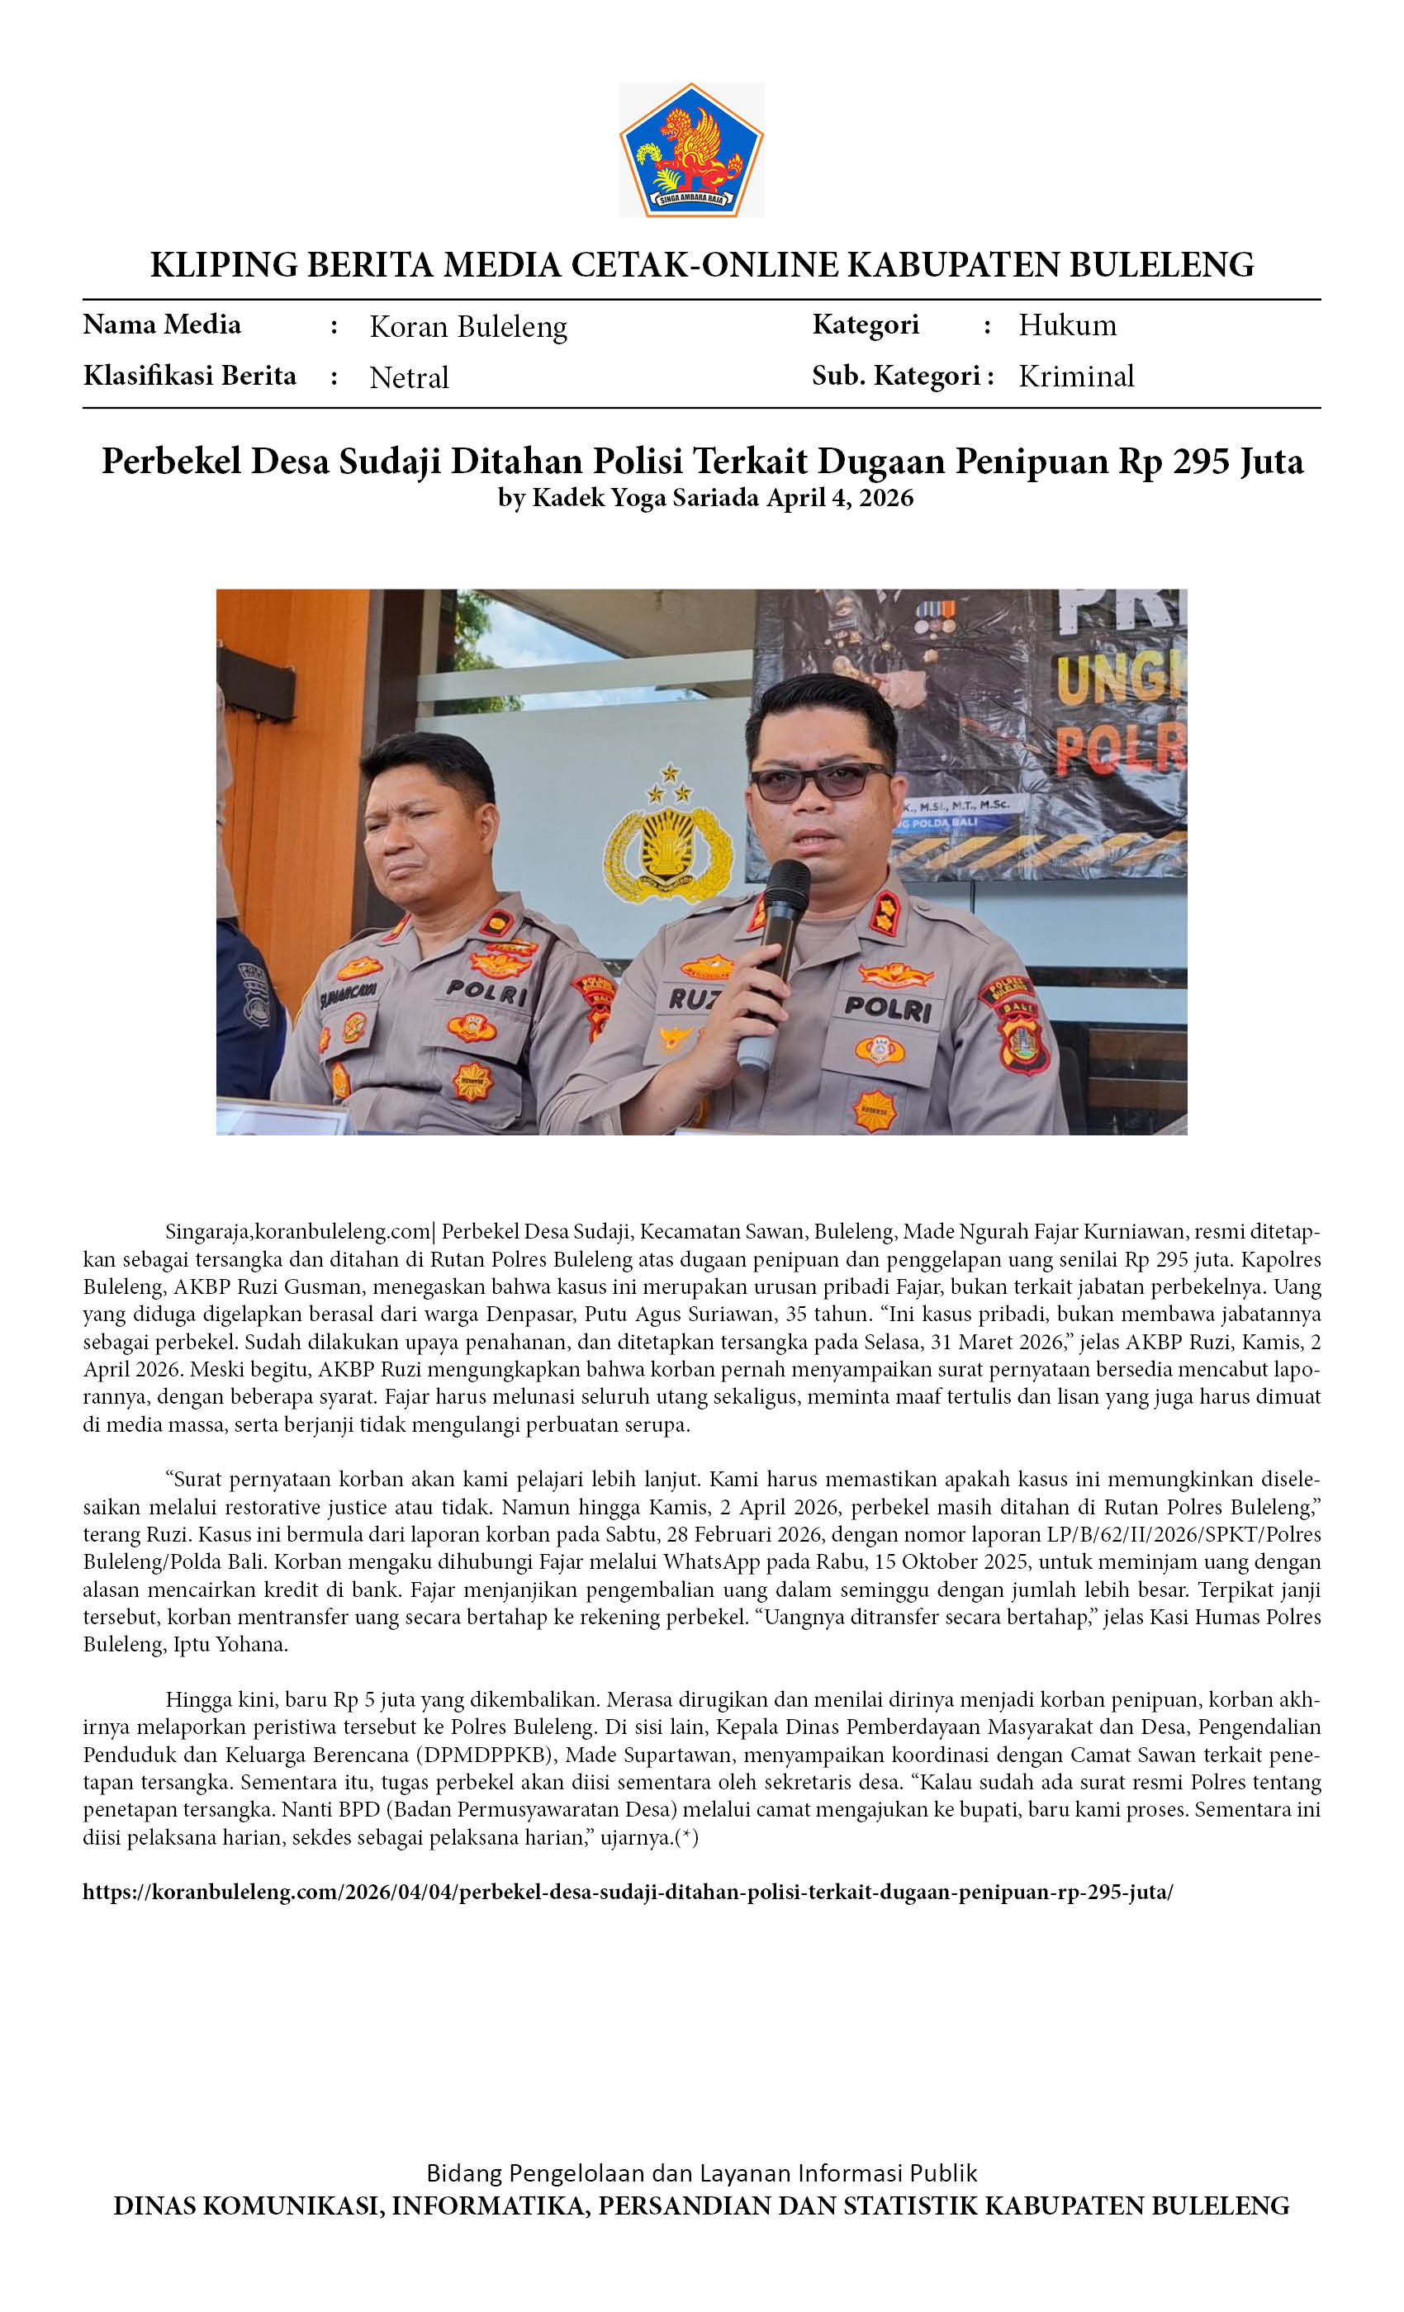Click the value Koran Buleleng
[x=468, y=326]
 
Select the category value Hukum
[x=1067, y=325]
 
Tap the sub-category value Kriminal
[x=1075, y=377]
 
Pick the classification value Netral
[x=409, y=377]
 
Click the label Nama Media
[x=161, y=325]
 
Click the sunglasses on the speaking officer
[x=818, y=780]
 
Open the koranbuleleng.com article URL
[x=628, y=1892]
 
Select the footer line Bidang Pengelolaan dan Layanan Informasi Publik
[x=701, y=2173]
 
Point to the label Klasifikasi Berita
[x=190, y=377]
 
